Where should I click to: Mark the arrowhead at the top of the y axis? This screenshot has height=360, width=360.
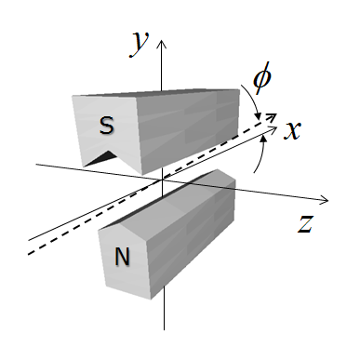coord(162,43)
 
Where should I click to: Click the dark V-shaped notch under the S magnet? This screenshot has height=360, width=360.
coord(97,159)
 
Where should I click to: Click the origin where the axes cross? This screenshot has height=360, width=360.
coord(162,177)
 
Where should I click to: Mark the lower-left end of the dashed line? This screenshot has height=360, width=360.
coord(28,254)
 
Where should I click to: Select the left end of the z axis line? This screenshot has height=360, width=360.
coord(36,165)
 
